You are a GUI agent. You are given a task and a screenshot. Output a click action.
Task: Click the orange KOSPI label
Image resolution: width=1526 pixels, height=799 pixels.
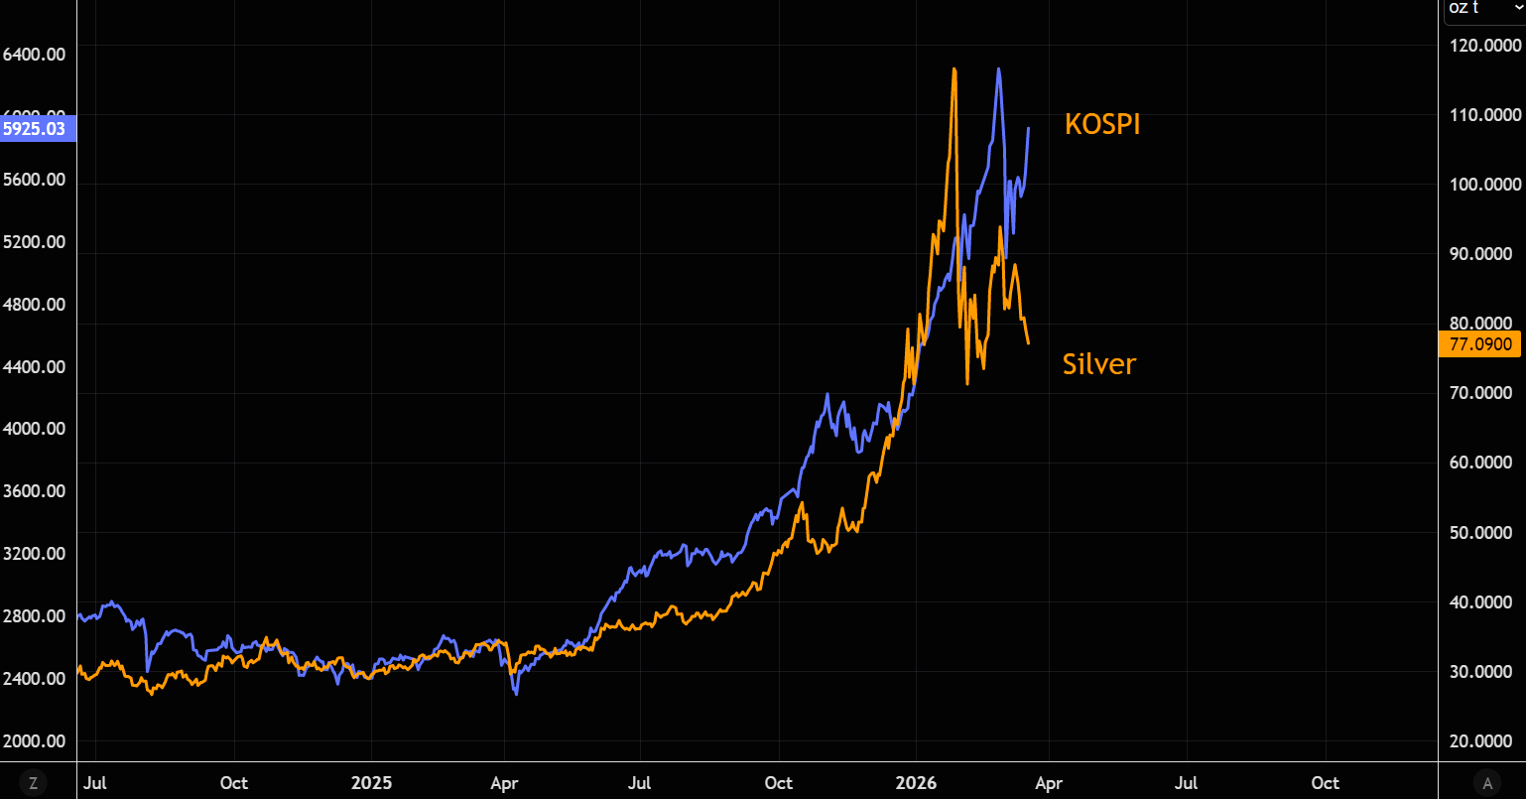[x=1102, y=124]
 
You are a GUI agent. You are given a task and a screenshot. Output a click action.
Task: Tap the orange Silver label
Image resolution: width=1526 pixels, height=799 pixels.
[x=1098, y=364]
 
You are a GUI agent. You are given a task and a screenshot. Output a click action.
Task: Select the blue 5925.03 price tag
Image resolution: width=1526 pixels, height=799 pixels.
[x=35, y=128]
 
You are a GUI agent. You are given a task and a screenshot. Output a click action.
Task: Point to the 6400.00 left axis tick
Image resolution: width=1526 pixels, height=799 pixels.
[x=34, y=54]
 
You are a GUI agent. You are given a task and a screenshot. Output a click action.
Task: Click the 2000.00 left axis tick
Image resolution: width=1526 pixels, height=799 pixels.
[x=34, y=740]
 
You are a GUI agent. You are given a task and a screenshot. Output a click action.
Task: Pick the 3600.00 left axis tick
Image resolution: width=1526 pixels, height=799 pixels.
[x=34, y=491]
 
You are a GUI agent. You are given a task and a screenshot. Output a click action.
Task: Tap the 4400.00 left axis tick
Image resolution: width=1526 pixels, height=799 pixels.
[x=34, y=366]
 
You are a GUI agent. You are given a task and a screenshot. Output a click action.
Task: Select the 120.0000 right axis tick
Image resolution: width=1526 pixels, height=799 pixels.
[x=1484, y=46]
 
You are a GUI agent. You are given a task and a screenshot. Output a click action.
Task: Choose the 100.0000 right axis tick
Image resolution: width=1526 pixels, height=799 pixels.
[x=1484, y=185]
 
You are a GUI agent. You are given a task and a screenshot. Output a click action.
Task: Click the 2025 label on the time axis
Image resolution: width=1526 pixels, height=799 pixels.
[x=371, y=783]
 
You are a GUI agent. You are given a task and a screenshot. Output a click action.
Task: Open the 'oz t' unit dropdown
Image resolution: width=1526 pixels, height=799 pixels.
[x=1481, y=9]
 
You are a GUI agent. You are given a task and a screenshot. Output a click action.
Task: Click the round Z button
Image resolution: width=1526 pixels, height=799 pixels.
[x=33, y=783]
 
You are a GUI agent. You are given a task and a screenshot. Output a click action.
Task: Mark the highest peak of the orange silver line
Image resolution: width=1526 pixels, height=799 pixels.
[x=954, y=69]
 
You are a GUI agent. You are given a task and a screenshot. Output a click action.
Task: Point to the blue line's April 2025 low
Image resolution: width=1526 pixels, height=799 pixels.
[x=516, y=693]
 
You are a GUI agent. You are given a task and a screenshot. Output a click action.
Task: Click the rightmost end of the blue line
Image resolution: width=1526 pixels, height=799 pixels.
[x=1029, y=128]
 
